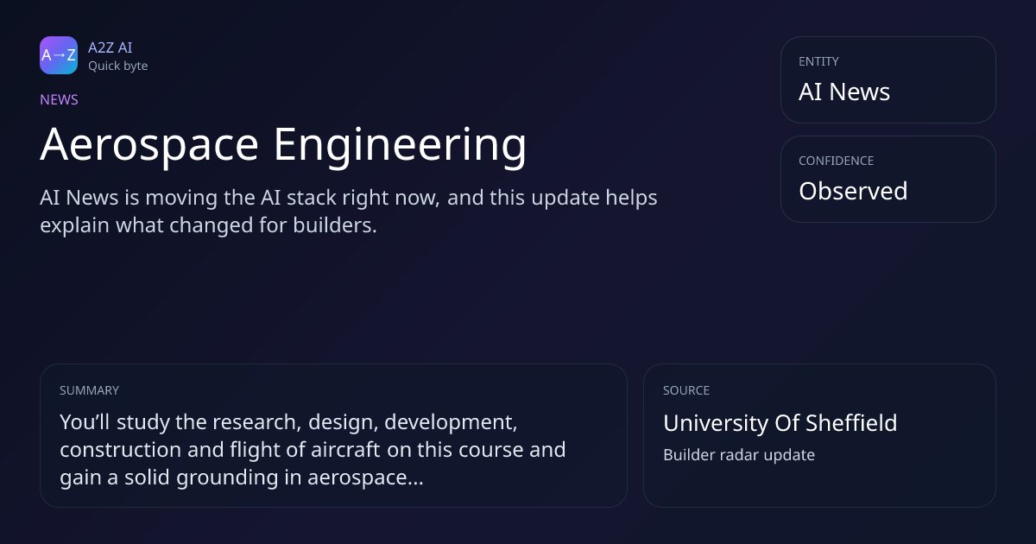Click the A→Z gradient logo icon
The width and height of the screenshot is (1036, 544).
click(x=59, y=55)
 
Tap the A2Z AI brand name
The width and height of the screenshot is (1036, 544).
click(x=111, y=47)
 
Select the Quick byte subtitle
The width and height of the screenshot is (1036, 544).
click(x=118, y=66)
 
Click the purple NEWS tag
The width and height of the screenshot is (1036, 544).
click(x=60, y=100)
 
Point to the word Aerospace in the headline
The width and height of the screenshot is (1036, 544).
click(x=149, y=145)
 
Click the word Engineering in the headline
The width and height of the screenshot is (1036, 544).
click(x=400, y=146)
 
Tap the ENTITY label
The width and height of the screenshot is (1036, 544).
click(x=818, y=61)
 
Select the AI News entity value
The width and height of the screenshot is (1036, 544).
click(x=844, y=92)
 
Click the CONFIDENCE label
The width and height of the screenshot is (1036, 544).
click(x=837, y=161)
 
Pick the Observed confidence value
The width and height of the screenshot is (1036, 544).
click(x=853, y=191)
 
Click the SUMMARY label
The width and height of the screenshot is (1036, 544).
click(x=89, y=390)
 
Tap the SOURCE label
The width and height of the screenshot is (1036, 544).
click(x=686, y=390)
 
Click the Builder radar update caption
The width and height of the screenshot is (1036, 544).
click(x=739, y=455)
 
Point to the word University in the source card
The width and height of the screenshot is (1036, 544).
click(x=716, y=424)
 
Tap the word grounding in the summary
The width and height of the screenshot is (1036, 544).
click(x=227, y=478)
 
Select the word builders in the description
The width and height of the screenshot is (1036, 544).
click(x=335, y=225)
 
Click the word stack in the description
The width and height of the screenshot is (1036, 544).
click(x=312, y=198)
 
